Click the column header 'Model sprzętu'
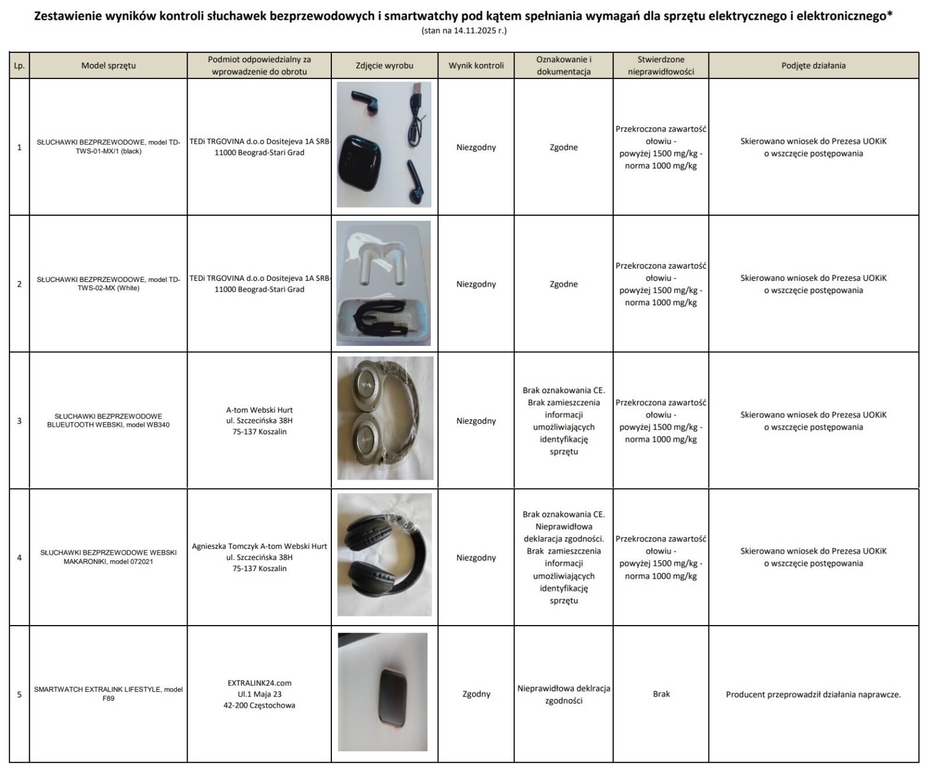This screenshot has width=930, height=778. click(108, 66)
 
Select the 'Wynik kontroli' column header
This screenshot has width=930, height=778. click(476, 66)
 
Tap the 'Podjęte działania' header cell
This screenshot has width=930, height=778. click(813, 66)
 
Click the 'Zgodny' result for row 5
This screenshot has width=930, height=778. click(476, 694)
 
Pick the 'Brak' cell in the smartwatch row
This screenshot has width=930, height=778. click(661, 694)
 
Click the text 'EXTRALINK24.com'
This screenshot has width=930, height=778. click(259, 683)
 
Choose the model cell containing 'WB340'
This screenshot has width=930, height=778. click(108, 420)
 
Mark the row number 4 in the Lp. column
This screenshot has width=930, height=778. click(19, 558)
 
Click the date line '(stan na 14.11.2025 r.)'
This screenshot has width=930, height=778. click(464, 31)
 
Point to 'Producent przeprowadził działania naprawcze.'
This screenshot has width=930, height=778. click(813, 695)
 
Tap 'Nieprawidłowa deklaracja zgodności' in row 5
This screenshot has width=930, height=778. click(563, 694)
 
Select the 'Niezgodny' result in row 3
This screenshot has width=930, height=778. click(476, 421)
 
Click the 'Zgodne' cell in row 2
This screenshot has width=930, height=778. click(563, 284)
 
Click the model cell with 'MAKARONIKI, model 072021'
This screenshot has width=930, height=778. click(108, 557)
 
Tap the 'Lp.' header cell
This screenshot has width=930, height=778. click(19, 66)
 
